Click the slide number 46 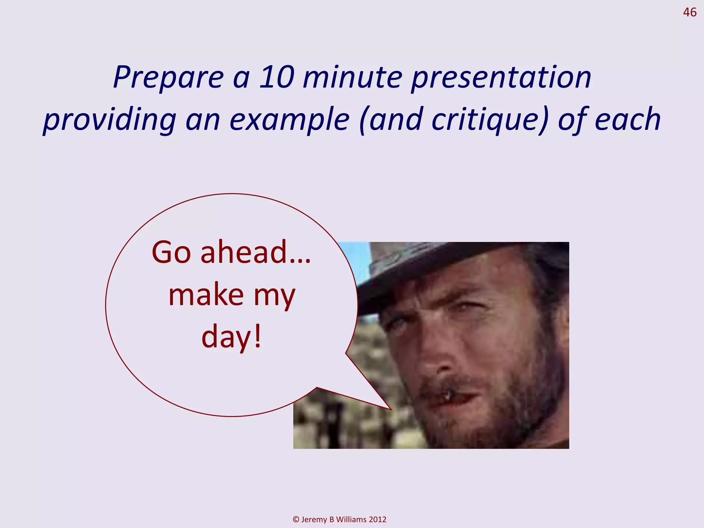689,12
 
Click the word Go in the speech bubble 171,253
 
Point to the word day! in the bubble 231,337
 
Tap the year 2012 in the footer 377,519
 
